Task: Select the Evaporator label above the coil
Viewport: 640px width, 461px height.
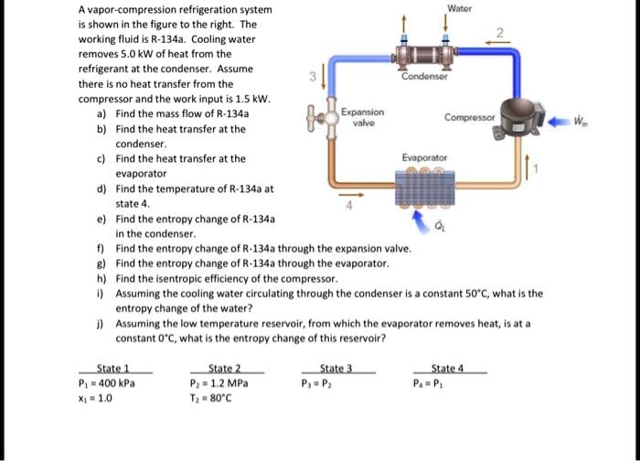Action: (x=423, y=157)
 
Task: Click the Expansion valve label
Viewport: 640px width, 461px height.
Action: (x=362, y=116)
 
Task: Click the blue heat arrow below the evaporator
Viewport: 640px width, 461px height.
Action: (x=422, y=219)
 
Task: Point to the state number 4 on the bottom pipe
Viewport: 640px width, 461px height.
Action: (x=347, y=208)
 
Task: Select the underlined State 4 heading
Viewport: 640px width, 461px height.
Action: (x=449, y=369)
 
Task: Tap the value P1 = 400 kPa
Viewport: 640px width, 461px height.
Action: (x=109, y=383)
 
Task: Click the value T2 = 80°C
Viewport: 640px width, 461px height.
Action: (x=222, y=398)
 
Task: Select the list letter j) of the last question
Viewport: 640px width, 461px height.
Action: (x=99, y=323)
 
